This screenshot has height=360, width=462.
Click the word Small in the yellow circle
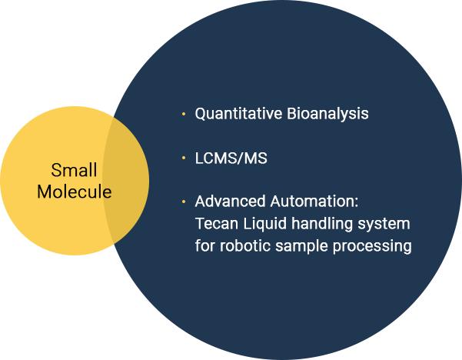click(75, 170)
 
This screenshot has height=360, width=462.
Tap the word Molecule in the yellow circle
click(75, 192)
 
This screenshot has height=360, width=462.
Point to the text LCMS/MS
click(231, 158)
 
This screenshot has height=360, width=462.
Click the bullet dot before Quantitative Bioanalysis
click(183, 115)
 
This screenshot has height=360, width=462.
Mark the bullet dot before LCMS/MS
click(183, 158)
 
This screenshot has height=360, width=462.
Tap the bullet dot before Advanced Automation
click(183, 203)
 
